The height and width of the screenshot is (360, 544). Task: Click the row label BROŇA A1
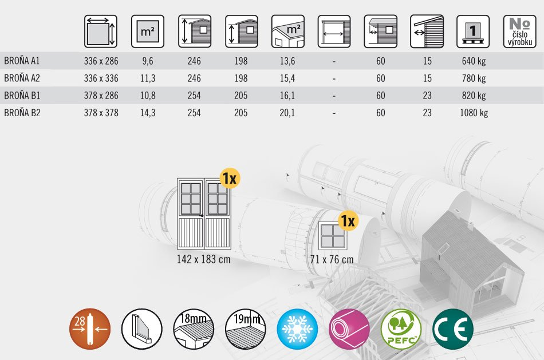coord(22,61)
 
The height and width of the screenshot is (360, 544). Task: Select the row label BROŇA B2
coord(22,113)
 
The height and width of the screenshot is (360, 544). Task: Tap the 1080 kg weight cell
coord(474,113)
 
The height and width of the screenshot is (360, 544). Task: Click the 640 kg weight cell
coord(474,61)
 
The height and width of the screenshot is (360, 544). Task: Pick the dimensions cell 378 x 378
coord(101,113)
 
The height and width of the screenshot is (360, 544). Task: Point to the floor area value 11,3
coord(148,78)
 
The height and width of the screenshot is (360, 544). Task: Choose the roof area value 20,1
coord(287,113)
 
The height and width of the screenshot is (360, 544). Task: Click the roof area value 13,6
coord(287,61)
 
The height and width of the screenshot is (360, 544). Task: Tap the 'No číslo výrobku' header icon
coord(520,31)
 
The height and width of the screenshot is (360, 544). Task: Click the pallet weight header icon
coord(473,31)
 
